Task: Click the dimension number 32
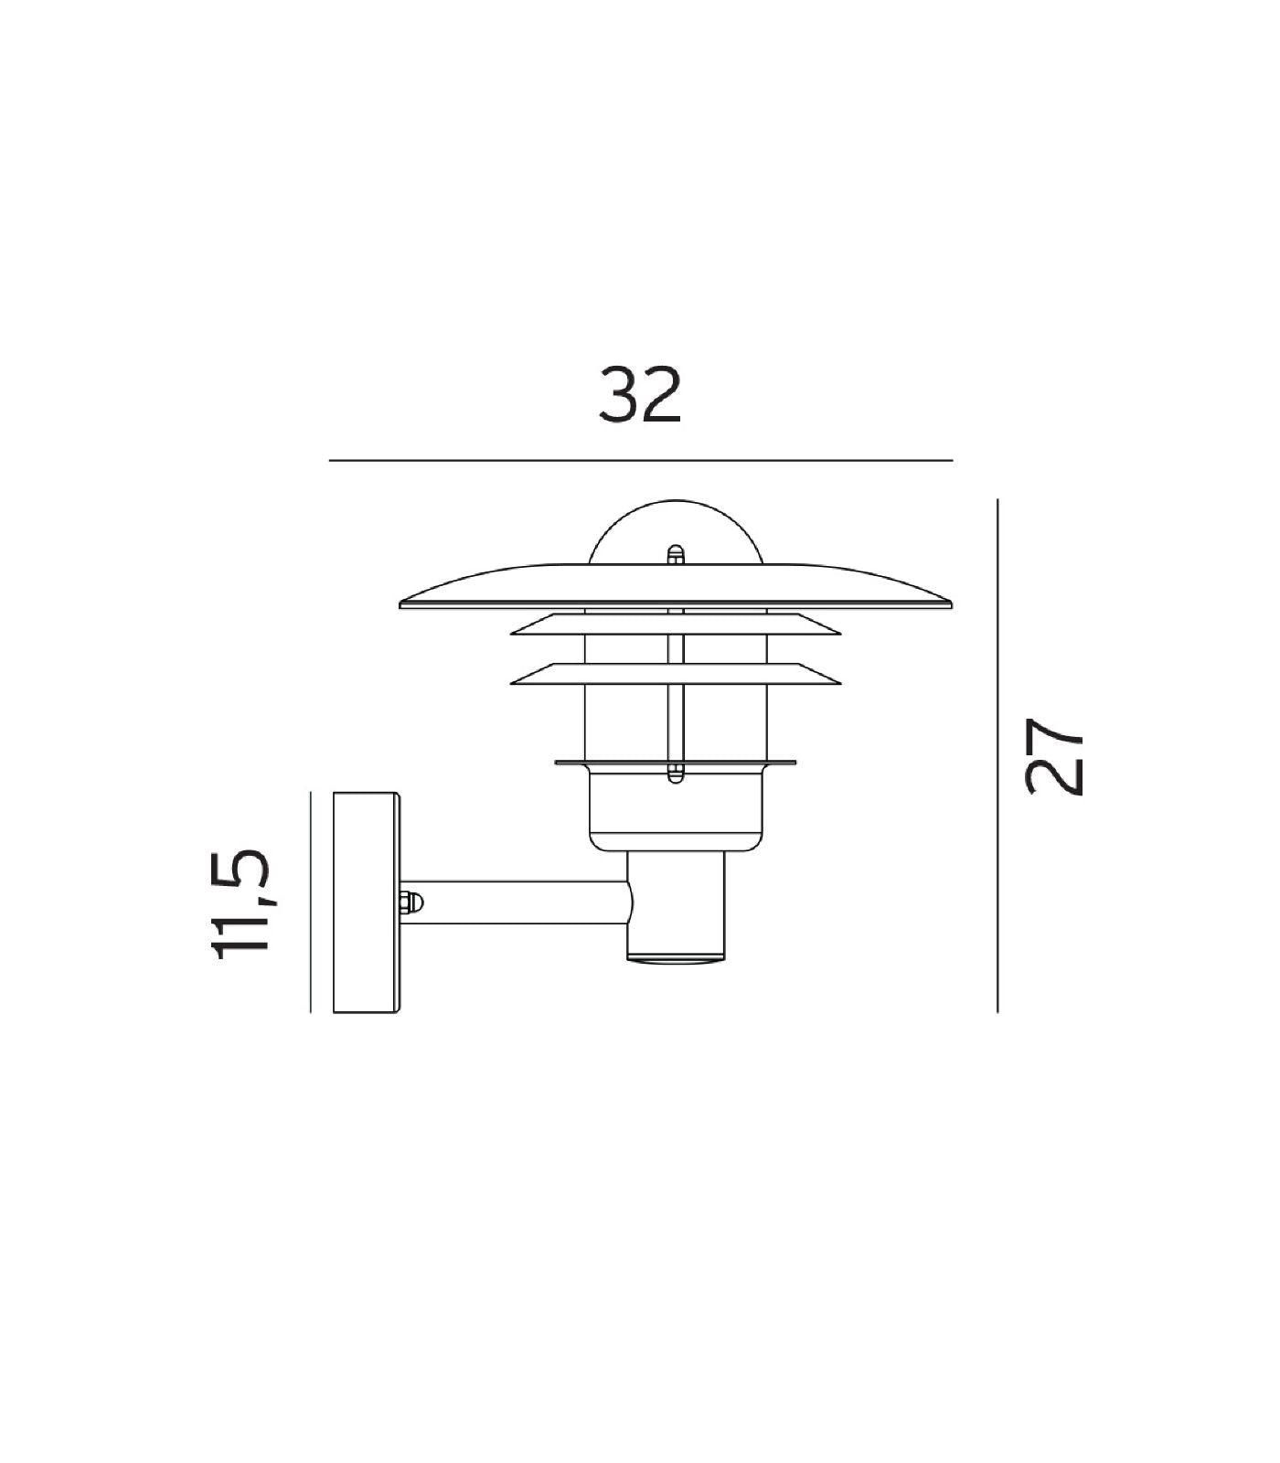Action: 640,395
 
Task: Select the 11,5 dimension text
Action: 240,902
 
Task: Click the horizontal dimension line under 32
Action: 640,460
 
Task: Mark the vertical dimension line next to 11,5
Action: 311,902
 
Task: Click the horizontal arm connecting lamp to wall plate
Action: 521,902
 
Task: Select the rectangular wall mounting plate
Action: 366,902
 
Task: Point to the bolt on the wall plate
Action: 411,902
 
